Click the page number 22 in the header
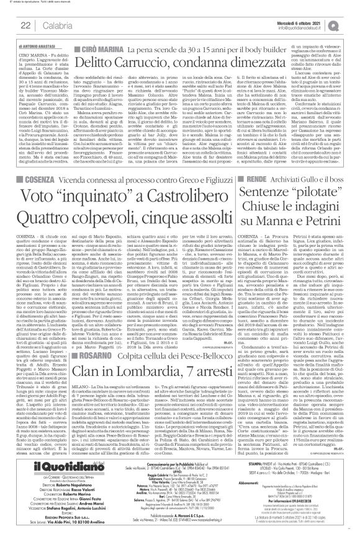point(26,24)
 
